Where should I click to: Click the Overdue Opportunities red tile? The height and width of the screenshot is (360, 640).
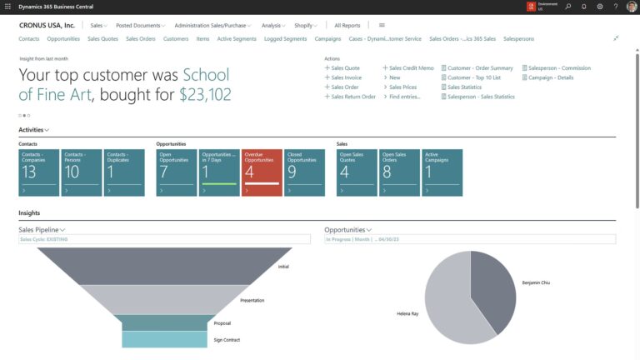coord(262,172)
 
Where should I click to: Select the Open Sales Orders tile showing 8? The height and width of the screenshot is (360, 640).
coord(400,172)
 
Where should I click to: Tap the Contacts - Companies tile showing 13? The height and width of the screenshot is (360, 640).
coord(38,172)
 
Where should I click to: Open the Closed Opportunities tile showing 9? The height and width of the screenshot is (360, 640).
coord(304,172)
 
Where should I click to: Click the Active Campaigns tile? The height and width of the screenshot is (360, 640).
coord(442,172)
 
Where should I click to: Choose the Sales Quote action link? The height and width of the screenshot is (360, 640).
coord(345,68)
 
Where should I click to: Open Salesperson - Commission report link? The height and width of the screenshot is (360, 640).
coord(559,68)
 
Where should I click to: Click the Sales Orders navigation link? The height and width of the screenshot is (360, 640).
coord(142,38)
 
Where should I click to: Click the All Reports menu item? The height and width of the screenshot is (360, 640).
coord(347,25)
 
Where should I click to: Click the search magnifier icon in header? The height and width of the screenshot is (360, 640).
coord(568,7)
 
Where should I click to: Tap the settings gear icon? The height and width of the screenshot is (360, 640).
coord(600,7)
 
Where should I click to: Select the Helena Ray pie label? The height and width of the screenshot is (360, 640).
coord(407,314)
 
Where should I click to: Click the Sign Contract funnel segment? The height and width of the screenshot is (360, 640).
coord(152,339)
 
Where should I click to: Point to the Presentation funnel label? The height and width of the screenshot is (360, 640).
coord(252,300)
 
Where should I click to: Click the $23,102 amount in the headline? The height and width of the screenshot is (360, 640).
coord(205,94)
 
